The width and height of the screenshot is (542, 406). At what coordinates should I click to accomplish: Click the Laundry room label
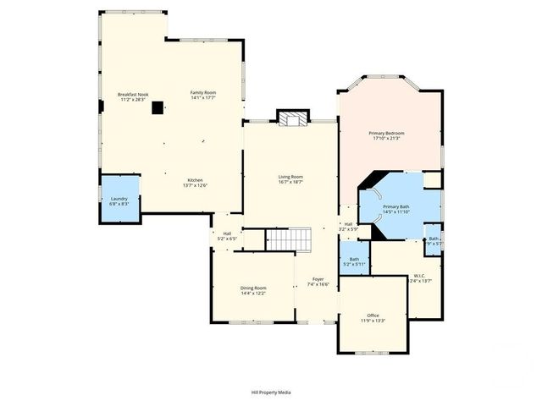tap(119, 199)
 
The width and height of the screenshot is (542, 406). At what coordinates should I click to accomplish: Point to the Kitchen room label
tap(195, 180)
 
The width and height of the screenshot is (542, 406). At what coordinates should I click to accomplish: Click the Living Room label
tap(290, 177)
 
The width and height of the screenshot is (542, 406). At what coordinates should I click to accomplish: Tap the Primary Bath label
tap(396, 206)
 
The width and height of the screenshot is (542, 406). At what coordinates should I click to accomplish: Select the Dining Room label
tap(253, 288)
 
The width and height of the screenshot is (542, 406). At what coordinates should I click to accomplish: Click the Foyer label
tap(318, 279)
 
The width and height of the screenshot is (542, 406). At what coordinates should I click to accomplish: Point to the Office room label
tap(373, 315)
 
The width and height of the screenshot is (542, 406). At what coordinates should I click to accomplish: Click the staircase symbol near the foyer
tap(288, 240)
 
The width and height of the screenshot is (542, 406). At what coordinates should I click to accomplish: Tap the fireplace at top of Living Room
tap(292, 118)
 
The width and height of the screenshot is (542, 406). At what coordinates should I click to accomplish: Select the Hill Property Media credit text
tap(270, 392)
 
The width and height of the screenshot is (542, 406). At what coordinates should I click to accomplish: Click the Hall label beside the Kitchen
tap(227, 233)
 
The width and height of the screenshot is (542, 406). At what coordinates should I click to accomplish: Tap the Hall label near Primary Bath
tap(348, 224)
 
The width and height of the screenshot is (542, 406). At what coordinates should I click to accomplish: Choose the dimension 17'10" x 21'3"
tap(385, 139)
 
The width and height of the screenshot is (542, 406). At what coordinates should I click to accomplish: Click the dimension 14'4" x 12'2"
tap(253, 294)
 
